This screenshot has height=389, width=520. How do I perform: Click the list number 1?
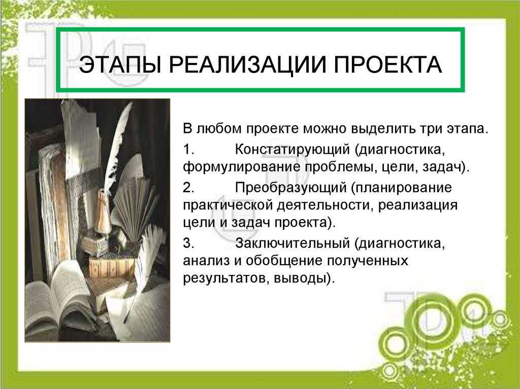coord(188,151)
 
